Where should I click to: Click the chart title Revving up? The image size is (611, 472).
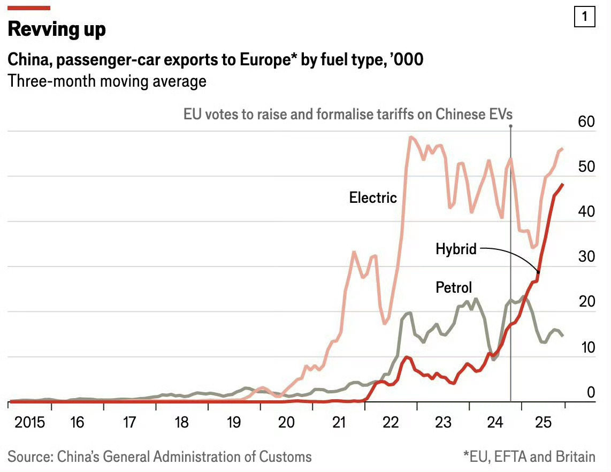tap(57, 29)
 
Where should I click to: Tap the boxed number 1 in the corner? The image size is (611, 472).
tap(584, 17)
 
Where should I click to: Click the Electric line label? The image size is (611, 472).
tap(373, 197)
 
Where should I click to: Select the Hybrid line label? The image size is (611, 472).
tap(456, 249)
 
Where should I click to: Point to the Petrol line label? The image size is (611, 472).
tap(454, 287)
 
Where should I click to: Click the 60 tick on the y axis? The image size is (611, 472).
tap(586, 121)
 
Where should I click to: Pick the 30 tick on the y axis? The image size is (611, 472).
tap(586, 257)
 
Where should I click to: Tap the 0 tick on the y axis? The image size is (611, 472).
tap(591, 392)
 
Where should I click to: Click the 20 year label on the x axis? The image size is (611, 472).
tap(286, 423)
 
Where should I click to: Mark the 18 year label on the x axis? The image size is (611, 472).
tap(182, 423)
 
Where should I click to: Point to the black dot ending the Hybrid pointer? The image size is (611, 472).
tap(538, 272)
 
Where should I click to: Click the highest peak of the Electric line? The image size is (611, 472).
tap(411, 138)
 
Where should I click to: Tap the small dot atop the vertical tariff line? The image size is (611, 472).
tap(511, 126)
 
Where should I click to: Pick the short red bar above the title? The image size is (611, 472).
tap(29, 8)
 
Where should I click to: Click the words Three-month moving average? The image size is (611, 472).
tap(107, 81)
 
